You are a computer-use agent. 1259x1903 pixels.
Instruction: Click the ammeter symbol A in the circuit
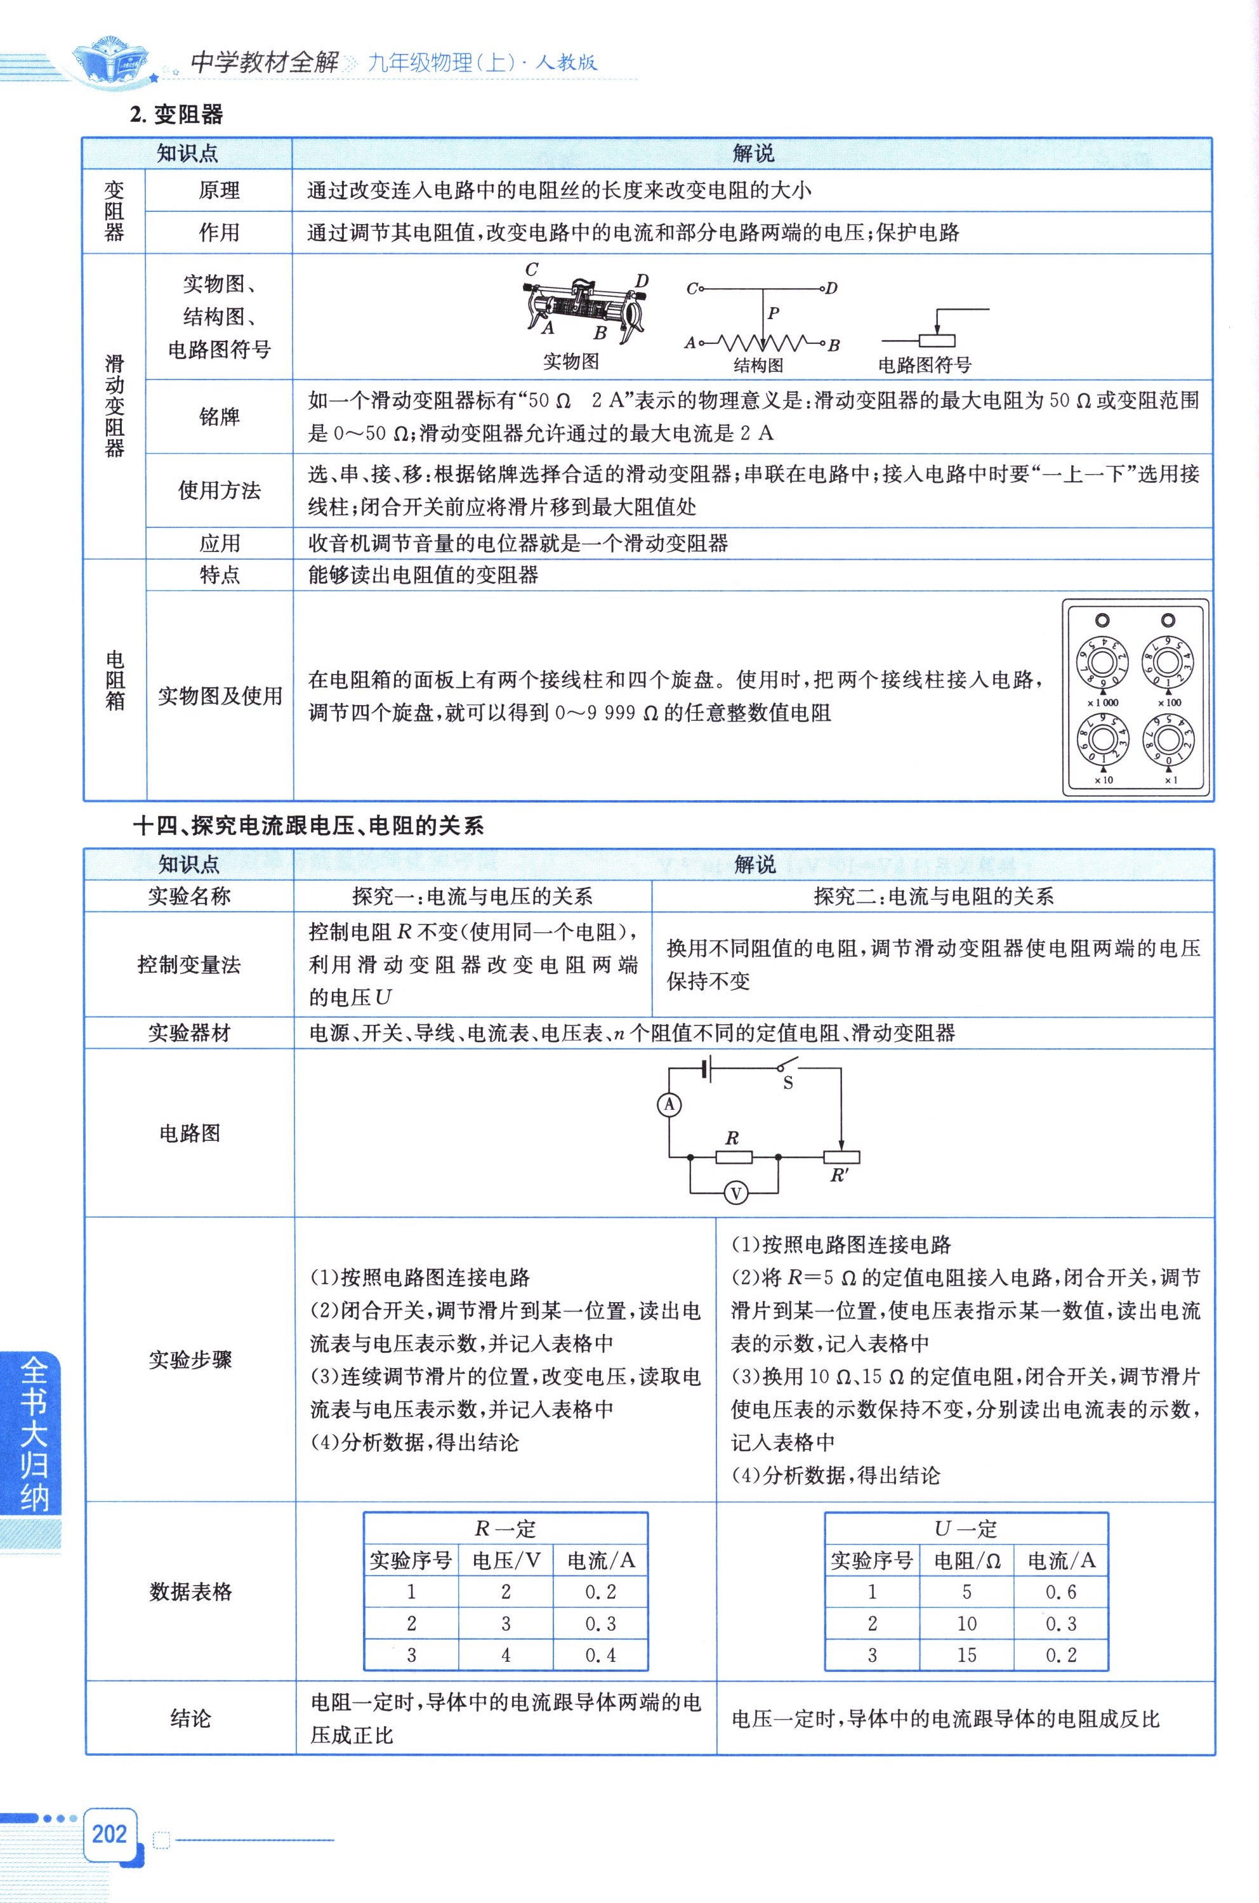point(669,1105)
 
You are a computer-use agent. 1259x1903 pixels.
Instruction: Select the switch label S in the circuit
point(788,1083)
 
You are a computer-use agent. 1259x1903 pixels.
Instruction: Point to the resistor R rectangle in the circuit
point(734,1157)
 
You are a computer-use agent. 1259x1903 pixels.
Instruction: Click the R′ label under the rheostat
point(839,1176)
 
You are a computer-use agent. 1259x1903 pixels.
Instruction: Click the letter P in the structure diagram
point(773,314)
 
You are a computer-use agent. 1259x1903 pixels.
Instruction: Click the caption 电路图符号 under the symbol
point(924,366)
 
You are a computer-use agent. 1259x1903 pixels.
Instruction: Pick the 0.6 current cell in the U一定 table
point(1060,1591)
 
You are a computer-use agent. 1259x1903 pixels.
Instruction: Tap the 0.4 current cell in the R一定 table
point(600,1655)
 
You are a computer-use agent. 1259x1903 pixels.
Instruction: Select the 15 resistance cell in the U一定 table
point(966,1655)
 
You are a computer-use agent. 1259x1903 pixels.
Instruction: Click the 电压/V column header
point(506,1560)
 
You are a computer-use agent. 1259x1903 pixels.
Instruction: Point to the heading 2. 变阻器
point(176,115)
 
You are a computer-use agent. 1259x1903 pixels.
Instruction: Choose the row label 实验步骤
point(190,1359)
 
